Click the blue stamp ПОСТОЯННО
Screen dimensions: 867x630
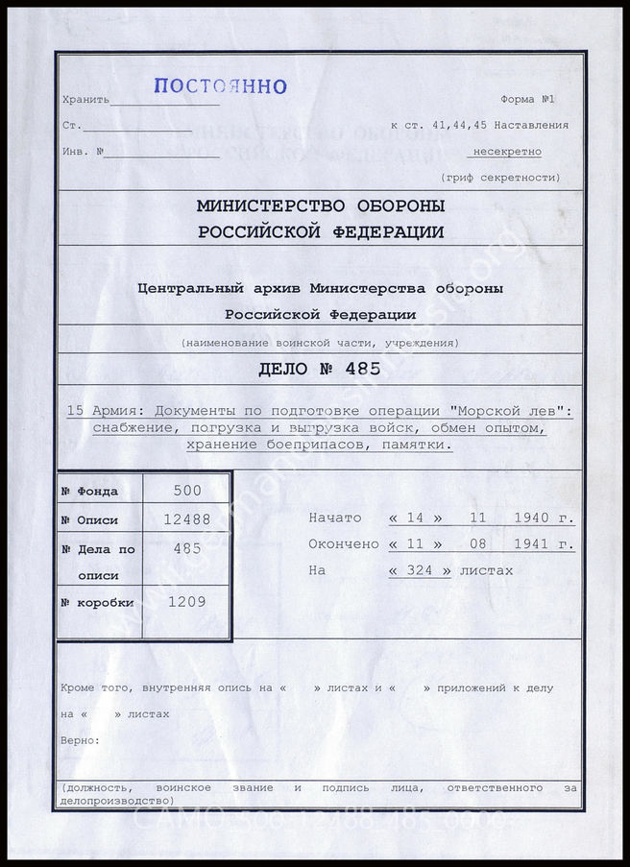220,86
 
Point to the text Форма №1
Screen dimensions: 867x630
527,100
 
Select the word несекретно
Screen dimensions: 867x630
506,152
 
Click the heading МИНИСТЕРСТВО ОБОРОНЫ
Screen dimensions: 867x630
320,205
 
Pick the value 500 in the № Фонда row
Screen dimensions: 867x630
187,490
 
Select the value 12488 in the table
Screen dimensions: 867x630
187,519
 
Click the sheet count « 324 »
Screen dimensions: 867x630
419,570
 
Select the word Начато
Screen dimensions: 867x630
334,518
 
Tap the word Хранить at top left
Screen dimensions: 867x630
85,100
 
